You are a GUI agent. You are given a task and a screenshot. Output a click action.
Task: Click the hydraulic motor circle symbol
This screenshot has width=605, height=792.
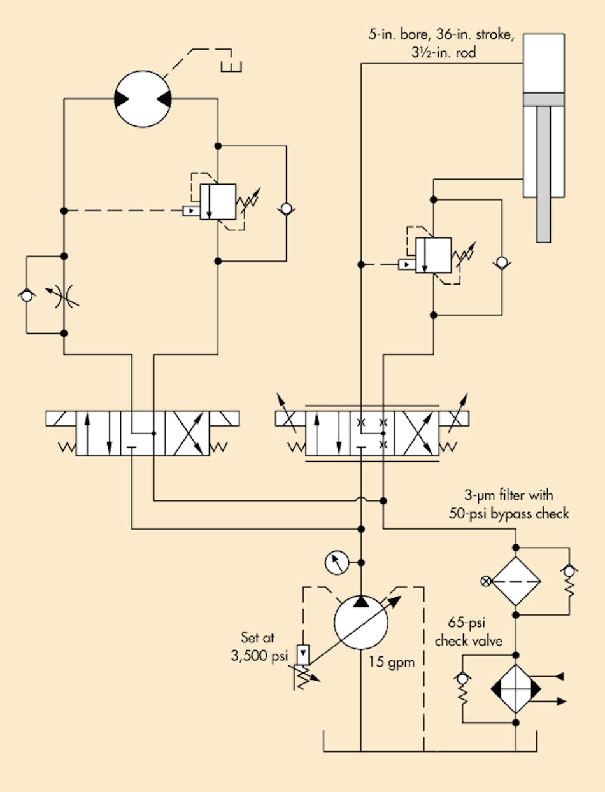click(x=143, y=99)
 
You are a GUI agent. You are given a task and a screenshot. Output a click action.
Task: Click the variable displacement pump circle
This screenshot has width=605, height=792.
click(x=360, y=623)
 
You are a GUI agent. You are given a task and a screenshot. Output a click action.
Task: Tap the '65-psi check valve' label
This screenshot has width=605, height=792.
click(x=469, y=633)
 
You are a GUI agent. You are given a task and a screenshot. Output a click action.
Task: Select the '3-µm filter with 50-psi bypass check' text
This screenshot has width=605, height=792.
click(x=516, y=504)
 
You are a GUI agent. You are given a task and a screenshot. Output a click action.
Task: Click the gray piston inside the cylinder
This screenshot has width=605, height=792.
click(x=543, y=99)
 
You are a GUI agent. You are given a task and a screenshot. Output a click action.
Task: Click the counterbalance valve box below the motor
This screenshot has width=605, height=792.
click(x=218, y=202)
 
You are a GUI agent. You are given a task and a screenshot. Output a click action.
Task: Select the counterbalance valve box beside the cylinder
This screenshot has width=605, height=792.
click(x=433, y=255)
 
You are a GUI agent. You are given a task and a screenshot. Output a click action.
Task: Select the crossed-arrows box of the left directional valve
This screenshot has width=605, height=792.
click(x=187, y=433)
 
